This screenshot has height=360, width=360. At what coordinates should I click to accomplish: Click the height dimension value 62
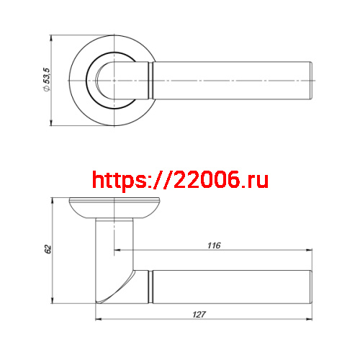48,249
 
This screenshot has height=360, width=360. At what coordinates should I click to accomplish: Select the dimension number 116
213,246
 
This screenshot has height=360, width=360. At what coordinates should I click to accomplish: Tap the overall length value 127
200,314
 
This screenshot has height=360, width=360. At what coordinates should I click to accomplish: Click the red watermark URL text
181,179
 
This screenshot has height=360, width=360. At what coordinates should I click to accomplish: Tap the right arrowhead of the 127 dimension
312,320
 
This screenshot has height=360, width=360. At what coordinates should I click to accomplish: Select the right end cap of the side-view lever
312,286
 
